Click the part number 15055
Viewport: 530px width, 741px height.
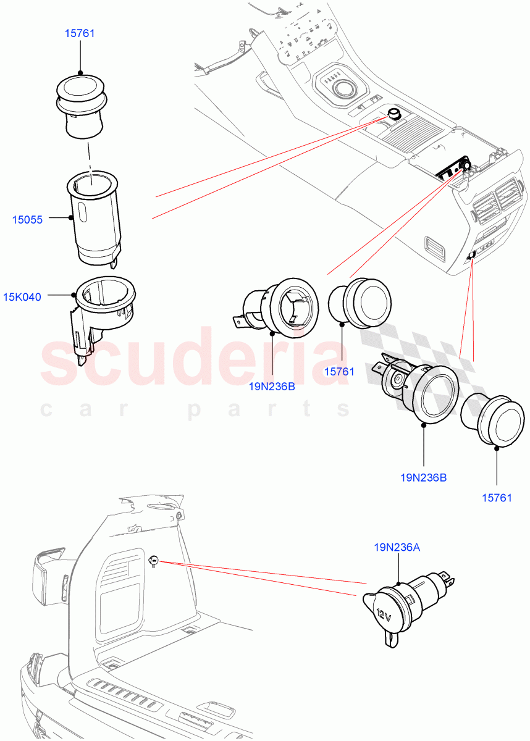coord(27,219)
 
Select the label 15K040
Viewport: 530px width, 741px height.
coord(22,297)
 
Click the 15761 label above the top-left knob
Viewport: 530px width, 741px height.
coord(80,33)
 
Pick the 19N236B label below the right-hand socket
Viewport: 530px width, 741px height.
coord(424,477)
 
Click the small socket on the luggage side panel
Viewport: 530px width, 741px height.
coord(154,561)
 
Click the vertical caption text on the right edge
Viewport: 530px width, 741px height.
coord(524,371)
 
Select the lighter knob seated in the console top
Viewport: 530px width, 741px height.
coord(393,114)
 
